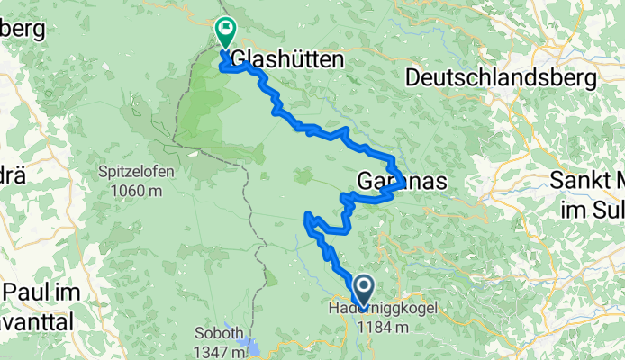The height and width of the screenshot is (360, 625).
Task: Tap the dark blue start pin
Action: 364,290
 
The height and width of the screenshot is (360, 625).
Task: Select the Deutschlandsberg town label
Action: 501,78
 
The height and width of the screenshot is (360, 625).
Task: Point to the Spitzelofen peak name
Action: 137,172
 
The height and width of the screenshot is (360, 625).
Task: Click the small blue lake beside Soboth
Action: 254,346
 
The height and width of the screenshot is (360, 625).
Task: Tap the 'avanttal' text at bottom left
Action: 36,317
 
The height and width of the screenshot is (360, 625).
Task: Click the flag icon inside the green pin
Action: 223,30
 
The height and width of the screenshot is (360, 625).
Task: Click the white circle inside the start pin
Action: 364,286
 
